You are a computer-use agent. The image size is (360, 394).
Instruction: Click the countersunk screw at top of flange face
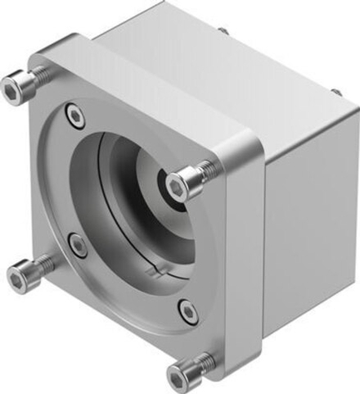point(76,115)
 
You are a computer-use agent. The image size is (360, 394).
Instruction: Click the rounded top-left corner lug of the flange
point(45,57)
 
